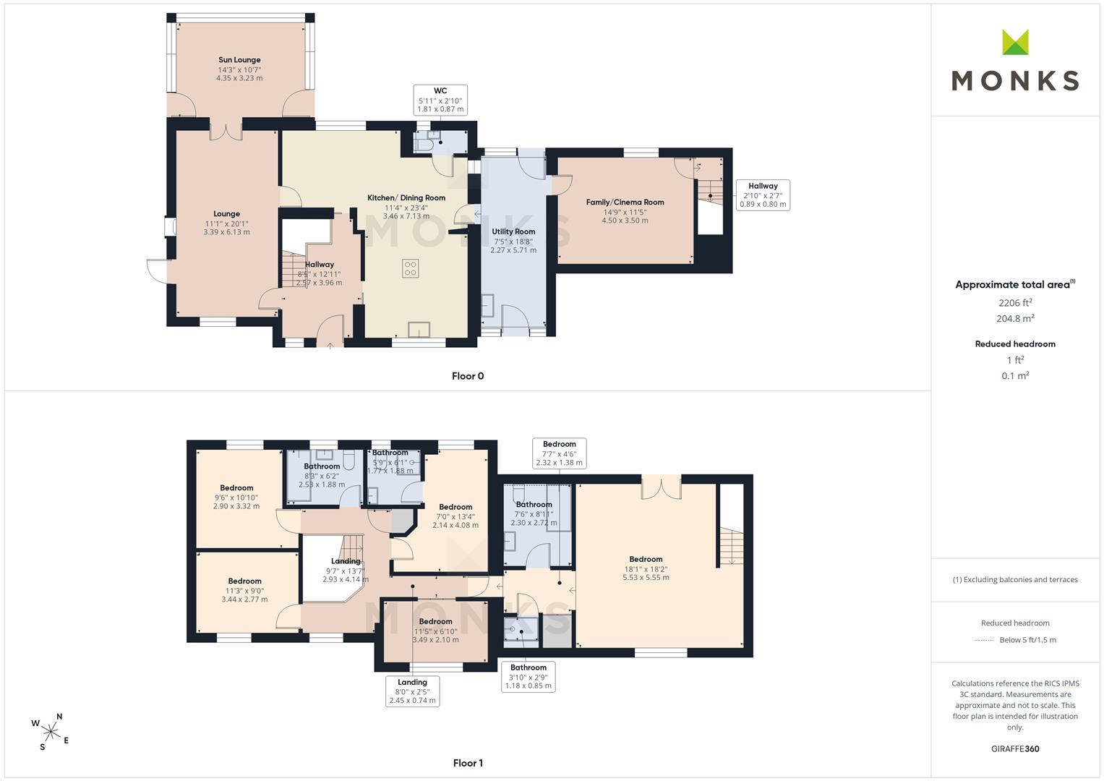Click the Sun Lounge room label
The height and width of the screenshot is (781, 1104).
point(239,59)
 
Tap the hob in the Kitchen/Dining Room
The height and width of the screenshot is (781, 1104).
point(410,269)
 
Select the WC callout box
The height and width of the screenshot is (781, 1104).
point(440,100)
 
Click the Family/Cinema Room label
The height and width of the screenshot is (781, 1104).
point(625,202)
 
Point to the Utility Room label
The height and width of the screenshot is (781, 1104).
point(513,231)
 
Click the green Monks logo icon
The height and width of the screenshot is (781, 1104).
point(1015,42)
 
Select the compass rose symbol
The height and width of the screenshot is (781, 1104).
point(51,732)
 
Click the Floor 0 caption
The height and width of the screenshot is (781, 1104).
point(468,376)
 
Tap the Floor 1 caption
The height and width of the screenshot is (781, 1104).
point(468,763)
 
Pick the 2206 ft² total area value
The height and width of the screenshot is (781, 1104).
point(1015,303)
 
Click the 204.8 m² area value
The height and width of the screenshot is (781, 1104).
point(1015,318)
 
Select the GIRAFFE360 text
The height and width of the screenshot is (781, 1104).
point(1015,748)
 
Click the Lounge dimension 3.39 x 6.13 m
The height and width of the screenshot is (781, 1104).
point(227,231)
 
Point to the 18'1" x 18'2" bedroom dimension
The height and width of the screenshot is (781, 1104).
point(646,568)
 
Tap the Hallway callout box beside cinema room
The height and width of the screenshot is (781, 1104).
point(763,195)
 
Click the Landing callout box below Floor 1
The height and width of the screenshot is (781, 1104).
point(413,691)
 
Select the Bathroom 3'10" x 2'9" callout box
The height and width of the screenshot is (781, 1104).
point(529,676)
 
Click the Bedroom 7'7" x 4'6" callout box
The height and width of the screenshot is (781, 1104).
point(560,453)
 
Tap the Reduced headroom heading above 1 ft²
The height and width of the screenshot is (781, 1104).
point(1015,344)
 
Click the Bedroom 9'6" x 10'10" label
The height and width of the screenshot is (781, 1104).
point(236,488)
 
